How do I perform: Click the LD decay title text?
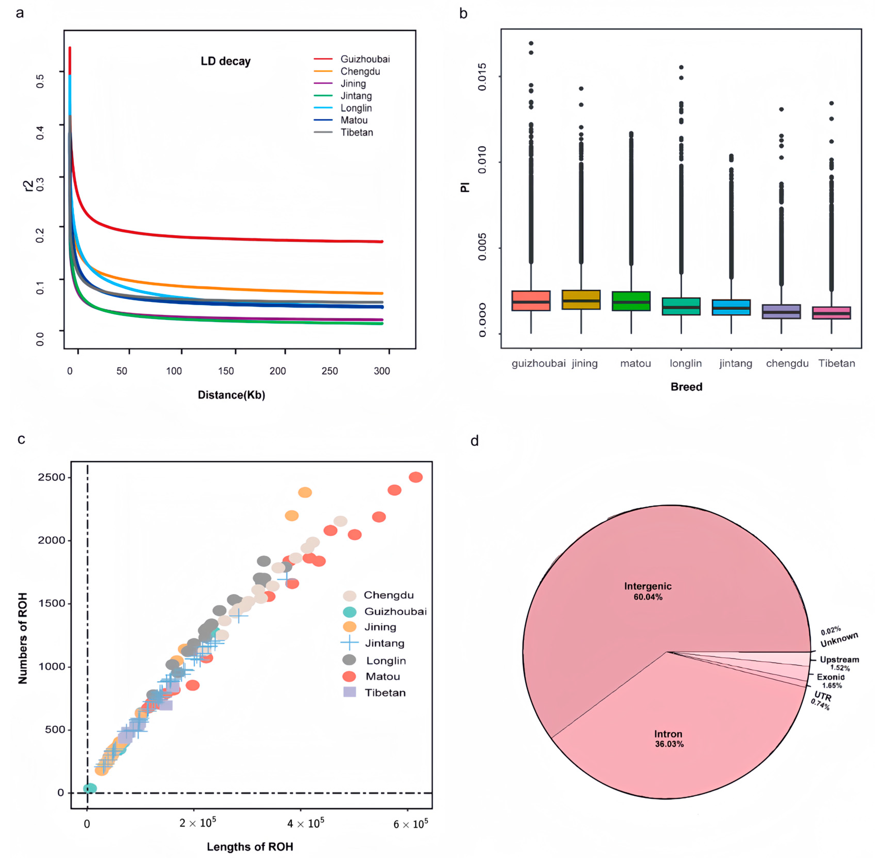tap(225, 61)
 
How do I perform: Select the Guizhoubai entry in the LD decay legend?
tap(365, 59)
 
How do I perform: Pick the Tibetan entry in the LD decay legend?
tap(357, 132)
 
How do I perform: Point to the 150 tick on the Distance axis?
tap(226, 371)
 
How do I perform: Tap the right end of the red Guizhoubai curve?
tap(381, 242)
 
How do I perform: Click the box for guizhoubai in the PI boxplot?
tap(531, 300)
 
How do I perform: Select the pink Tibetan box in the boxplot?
tap(831, 313)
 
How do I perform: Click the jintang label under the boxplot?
tap(736, 363)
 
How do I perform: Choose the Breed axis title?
tap(686, 387)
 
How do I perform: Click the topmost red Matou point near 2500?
tap(415, 477)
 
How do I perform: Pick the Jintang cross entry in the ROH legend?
tap(384, 643)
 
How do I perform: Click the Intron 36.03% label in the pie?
tap(669, 738)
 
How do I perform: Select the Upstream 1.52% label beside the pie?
tap(839, 663)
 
